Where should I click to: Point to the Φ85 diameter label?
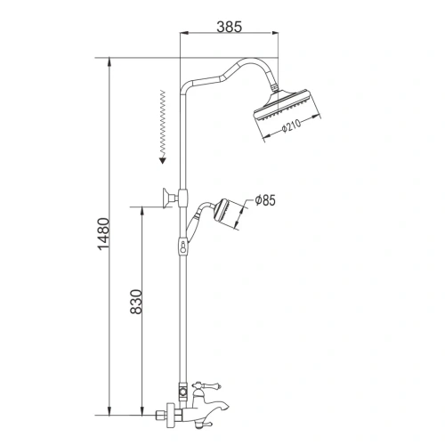[265, 200]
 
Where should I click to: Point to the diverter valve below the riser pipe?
[182, 391]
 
